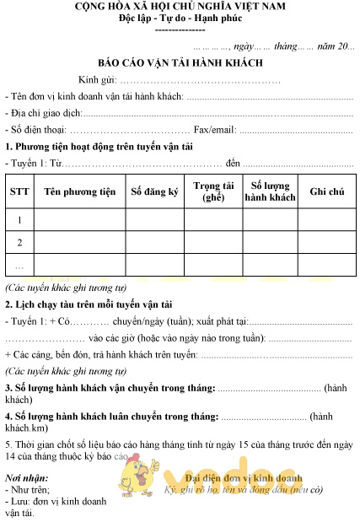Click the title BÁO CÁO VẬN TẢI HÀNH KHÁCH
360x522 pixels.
click(x=180, y=63)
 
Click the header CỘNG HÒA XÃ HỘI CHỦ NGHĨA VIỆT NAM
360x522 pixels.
click(x=180, y=8)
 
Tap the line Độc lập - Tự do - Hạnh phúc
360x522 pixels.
click(x=180, y=19)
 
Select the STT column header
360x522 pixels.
click(x=19, y=192)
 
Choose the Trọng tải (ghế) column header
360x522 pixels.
click(x=213, y=191)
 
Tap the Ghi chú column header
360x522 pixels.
click(x=327, y=192)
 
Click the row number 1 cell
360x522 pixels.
click(x=19, y=220)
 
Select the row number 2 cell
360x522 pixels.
click(x=19, y=243)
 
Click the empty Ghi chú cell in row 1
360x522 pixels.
click(x=327, y=220)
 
